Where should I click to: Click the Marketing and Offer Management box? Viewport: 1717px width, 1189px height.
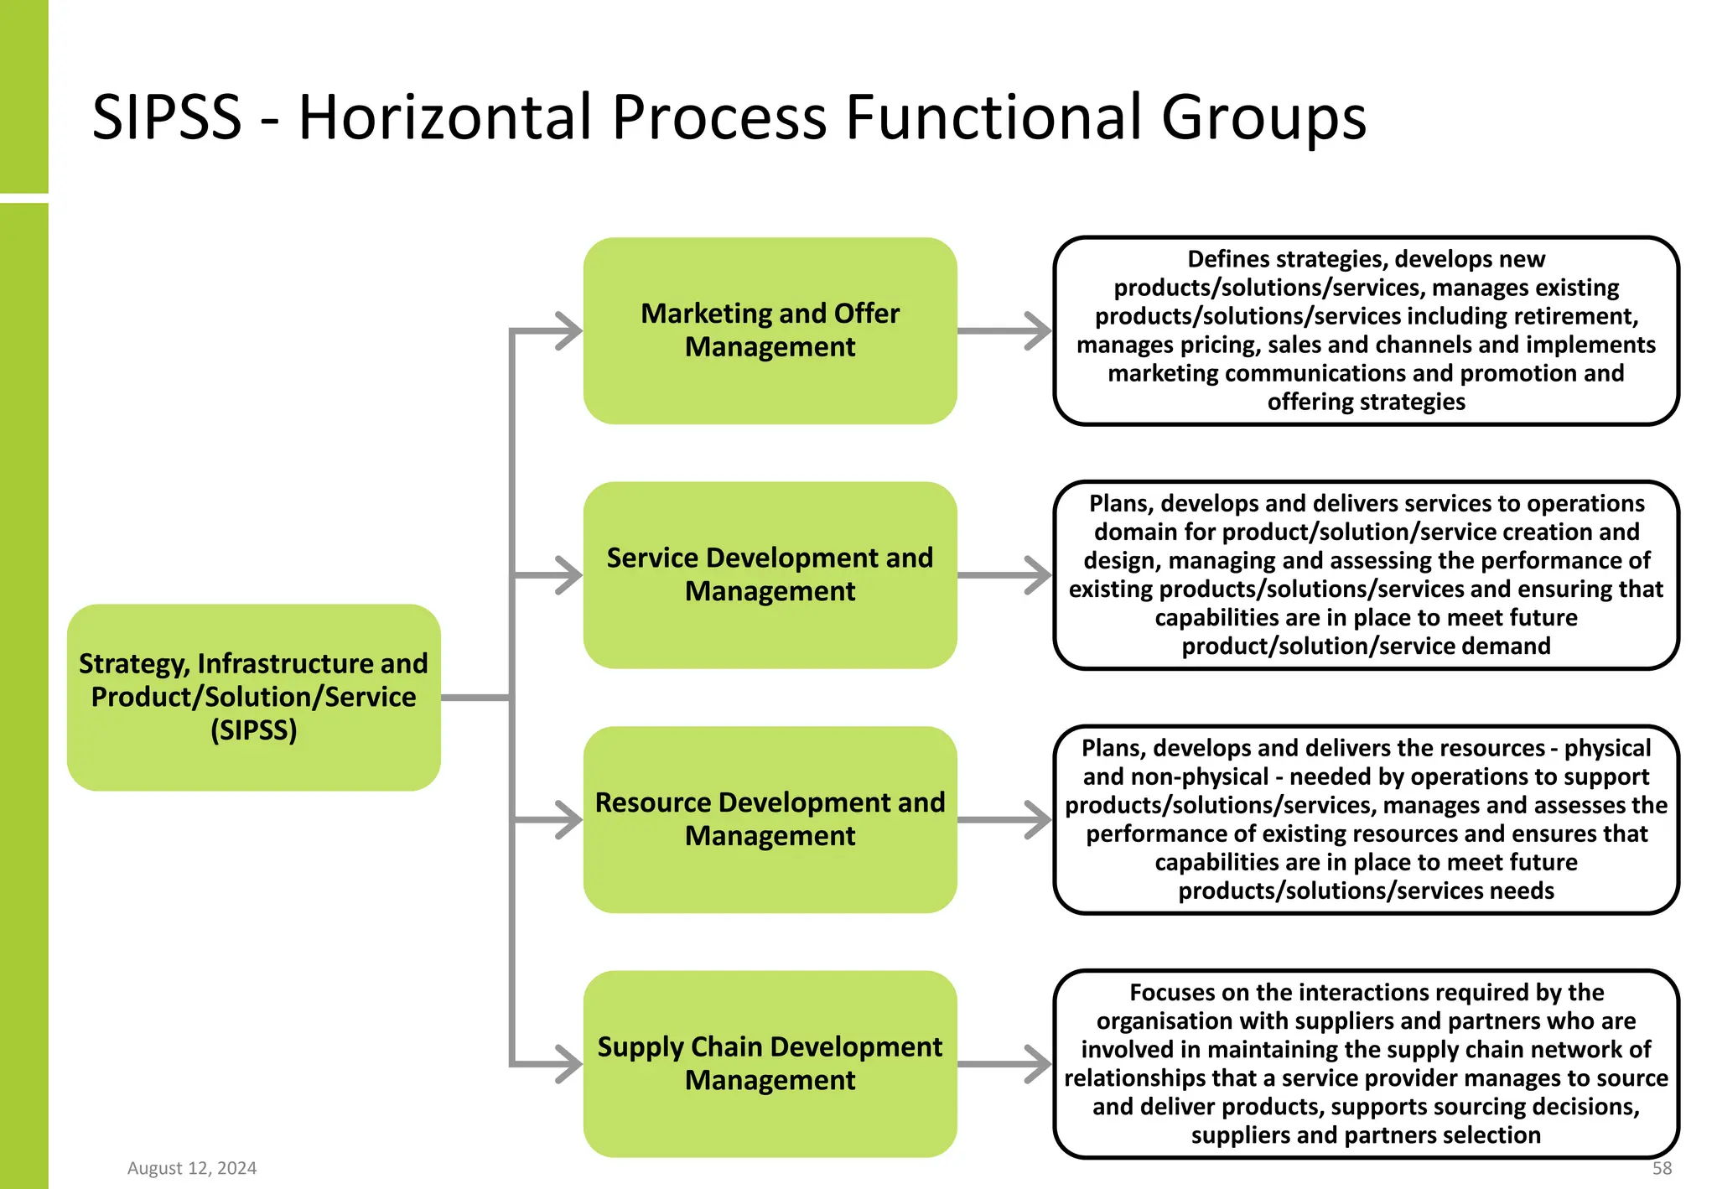tap(770, 330)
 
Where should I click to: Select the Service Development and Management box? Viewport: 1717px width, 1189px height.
tap(770, 574)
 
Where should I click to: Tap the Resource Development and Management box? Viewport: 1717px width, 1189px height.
tap(770, 819)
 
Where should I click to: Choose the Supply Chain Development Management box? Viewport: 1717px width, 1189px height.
tap(770, 1063)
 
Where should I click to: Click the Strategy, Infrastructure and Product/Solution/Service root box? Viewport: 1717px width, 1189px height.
tap(253, 697)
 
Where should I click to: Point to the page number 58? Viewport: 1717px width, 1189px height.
tap(1662, 1168)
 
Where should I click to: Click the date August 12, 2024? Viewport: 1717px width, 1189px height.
tap(192, 1168)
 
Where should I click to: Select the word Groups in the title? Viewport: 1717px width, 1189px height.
tap(1263, 117)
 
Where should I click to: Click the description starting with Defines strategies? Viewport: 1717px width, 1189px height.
tap(1366, 330)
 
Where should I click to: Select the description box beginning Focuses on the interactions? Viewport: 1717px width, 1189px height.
tap(1366, 1063)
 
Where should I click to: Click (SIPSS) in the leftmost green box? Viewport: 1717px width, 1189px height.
tap(253, 730)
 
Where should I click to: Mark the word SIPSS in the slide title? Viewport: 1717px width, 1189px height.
tap(167, 117)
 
